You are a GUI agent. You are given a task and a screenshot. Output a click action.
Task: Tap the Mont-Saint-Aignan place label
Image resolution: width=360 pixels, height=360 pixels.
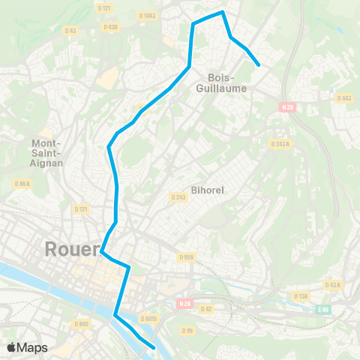tap(47, 152)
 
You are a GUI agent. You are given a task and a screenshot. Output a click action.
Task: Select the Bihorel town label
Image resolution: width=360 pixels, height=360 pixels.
tap(203, 190)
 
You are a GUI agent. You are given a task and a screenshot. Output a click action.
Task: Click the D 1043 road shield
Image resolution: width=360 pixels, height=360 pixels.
tap(147, 15)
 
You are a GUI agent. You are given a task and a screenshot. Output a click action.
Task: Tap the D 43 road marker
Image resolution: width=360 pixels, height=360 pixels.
tap(70, 30)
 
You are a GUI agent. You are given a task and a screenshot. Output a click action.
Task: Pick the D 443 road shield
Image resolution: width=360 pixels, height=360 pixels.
tap(344, 97)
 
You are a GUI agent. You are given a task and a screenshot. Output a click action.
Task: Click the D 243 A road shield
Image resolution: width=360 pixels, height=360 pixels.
tap(280, 144)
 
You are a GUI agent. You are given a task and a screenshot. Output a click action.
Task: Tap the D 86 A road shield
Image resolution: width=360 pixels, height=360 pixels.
tap(22, 182)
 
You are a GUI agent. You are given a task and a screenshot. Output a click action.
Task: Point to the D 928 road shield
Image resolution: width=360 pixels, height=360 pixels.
tap(186, 256)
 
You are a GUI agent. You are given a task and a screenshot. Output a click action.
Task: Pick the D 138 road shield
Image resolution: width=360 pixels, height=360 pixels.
tap(300, 296)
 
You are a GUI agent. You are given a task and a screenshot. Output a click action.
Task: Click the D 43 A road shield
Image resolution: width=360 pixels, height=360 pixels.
tap(333, 285)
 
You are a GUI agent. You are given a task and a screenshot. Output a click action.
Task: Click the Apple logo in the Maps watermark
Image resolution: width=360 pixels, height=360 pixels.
tap(11, 347)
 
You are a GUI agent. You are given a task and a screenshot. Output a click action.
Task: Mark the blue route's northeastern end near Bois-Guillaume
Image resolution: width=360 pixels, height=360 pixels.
tap(259, 65)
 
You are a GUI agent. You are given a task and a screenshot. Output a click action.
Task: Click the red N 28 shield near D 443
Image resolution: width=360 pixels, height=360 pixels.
tap(286, 106)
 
